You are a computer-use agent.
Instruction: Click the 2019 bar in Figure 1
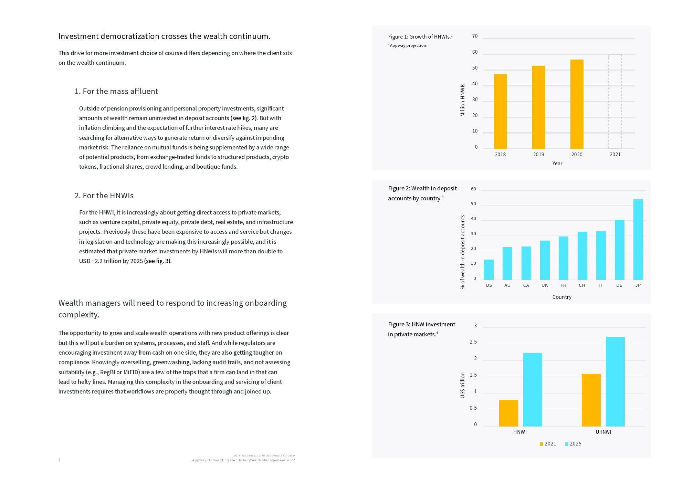[538, 107]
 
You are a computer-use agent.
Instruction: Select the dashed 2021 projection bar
[615, 101]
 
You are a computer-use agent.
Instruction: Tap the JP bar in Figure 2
[638, 239]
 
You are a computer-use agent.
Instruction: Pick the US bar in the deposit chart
[488, 270]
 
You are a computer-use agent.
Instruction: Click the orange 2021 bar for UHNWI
[591, 400]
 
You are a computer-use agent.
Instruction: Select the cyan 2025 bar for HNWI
[533, 389]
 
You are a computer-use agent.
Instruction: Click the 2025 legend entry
[573, 444]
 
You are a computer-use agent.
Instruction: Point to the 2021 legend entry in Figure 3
[548, 444]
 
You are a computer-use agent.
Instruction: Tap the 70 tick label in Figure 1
[475, 36]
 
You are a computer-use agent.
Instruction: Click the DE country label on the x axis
[619, 285]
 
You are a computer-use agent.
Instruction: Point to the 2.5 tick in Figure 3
[473, 342]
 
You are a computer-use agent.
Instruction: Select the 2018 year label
[500, 155]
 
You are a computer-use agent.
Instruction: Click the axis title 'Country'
[562, 297]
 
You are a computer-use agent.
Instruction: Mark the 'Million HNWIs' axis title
[462, 100]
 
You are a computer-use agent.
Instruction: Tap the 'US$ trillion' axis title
[462, 385]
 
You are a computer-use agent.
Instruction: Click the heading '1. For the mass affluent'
[116, 91]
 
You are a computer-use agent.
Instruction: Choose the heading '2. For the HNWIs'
[104, 196]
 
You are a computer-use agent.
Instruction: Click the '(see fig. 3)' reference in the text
[157, 261]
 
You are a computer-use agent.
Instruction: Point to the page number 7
[60, 460]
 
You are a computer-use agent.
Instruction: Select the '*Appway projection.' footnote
[408, 45]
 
